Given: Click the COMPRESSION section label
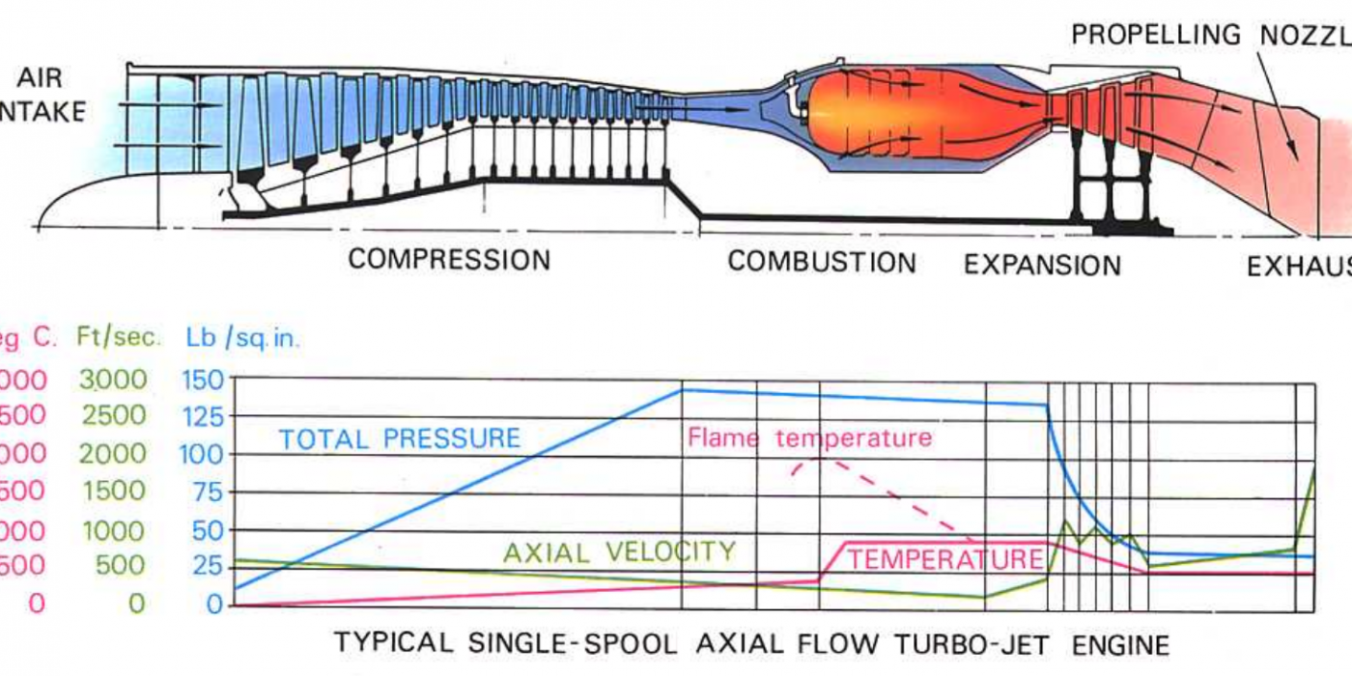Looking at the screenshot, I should [x=449, y=260].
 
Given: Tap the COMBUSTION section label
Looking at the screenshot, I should [x=822, y=263].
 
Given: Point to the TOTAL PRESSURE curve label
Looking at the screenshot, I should [x=400, y=438].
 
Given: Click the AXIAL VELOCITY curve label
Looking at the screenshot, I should [x=619, y=551].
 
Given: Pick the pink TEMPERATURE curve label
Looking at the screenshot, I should [x=945, y=559].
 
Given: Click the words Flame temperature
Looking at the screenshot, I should [x=809, y=438].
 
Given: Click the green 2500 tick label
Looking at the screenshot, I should [x=113, y=416].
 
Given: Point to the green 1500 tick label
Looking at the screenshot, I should [x=113, y=492].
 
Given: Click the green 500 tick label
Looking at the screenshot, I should [x=121, y=566].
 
